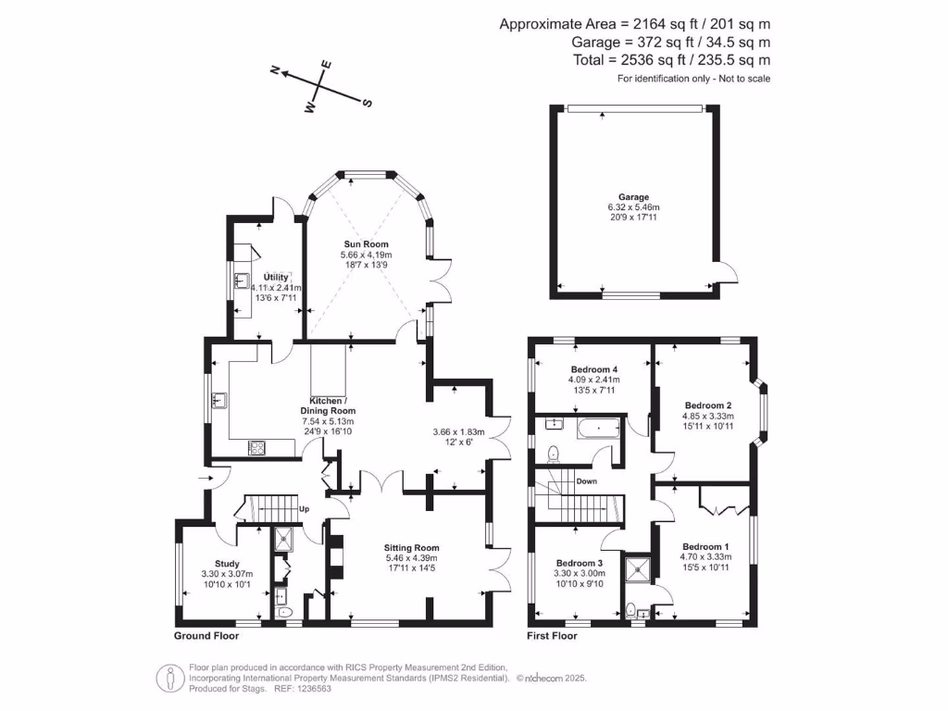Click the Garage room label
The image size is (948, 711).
tap(634, 197)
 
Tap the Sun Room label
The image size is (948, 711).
tap(366, 243)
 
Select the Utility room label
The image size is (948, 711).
tap(276, 277)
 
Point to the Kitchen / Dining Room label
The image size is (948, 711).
tap(328, 410)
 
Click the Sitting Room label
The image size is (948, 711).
tap(412, 547)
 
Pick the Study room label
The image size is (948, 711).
tap(227, 564)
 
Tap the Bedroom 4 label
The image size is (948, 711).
tap(593, 368)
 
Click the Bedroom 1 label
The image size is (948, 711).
tap(706, 546)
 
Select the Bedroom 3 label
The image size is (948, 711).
tap(580, 563)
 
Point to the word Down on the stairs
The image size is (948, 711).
tap(586, 481)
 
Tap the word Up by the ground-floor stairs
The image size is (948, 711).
tap(303, 509)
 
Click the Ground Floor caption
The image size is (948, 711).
tap(206, 636)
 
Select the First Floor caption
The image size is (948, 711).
tap(553, 636)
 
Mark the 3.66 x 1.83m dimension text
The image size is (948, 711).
tap(458, 431)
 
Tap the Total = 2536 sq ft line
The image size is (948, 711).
tap(672, 60)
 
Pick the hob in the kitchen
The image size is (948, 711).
tap(256, 449)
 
